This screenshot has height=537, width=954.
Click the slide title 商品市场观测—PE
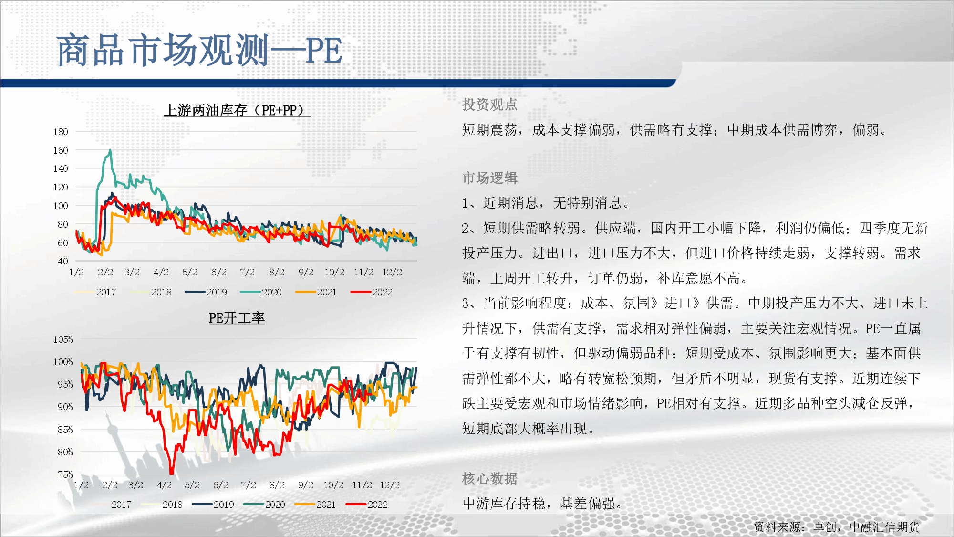click(x=199, y=50)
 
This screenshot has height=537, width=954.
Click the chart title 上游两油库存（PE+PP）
click(x=237, y=110)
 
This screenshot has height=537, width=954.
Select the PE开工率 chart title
click(x=237, y=318)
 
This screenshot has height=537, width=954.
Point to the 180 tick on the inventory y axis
click(x=61, y=132)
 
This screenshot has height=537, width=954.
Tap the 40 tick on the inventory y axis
click(x=63, y=261)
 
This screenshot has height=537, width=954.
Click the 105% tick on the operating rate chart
click(x=63, y=339)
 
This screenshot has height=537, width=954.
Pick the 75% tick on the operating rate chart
click(x=65, y=474)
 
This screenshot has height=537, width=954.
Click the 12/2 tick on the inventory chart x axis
click(x=392, y=272)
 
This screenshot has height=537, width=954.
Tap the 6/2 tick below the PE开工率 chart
click(x=220, y=485)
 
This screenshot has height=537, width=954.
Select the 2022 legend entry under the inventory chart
click(x=372, y=292)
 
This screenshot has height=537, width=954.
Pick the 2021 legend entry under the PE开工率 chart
click(x=316, y=505)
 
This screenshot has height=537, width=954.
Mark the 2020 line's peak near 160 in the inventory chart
click(x=110, y=150)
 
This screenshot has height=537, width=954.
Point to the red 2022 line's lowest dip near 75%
click(x=172, y=473)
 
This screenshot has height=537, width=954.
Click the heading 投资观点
click(x=490, y=105)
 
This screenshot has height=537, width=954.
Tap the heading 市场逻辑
click(x=490, y=178)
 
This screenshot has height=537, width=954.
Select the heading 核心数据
click(x=490, y=478)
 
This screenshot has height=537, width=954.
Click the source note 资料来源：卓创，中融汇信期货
click(x=837, y=526)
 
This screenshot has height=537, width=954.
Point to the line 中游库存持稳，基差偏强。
click(x=544, y=503)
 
